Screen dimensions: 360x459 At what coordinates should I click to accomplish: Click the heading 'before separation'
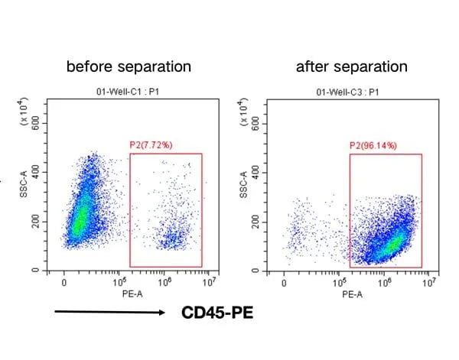point(129,66)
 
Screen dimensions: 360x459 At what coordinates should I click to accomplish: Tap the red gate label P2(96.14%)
point(378,144)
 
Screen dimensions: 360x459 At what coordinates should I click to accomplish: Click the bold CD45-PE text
point(216,313)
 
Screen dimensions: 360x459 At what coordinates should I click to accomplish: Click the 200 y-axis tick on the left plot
point(35,222)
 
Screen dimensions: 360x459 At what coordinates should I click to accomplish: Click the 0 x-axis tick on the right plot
point(284,281)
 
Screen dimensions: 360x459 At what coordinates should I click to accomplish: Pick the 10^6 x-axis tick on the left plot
point(164,281)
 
